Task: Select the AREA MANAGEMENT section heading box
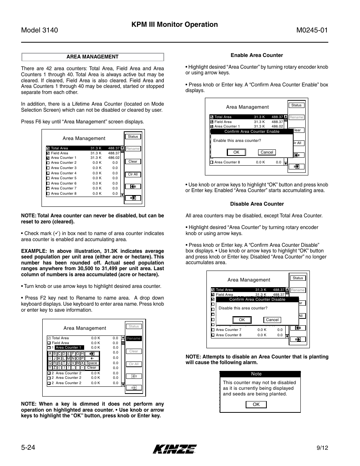(x=92, y=57)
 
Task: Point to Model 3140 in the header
(x=40, y=31)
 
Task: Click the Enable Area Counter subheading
(x=257, y=55)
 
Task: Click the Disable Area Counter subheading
(x=257, y=204)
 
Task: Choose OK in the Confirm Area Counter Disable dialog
(x=242, y=320)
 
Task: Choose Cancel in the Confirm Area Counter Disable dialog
(x=272, y=320)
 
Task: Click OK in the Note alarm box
(x=256, y=404)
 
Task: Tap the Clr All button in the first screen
(x=133, y=174)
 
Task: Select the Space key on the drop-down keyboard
(x=92, y=363)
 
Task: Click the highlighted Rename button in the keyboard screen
(x=134, y=338)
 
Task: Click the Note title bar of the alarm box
(x=257, y=374)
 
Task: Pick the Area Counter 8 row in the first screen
(x=83, y=194)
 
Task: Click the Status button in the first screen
(x=133, y=137)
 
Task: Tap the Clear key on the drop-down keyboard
(x=92, y=368)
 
